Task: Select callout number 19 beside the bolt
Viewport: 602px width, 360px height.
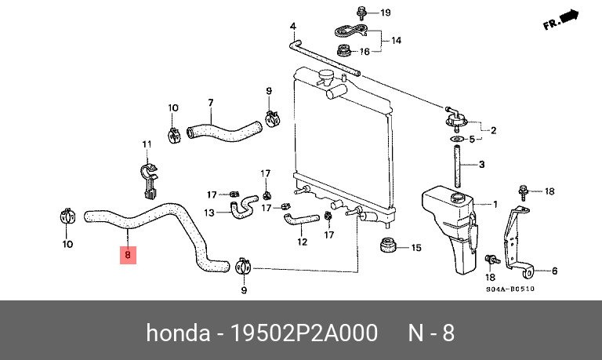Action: [384, 13]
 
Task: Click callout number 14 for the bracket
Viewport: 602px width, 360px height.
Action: [396, 39]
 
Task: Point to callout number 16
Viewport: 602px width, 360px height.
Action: [364, 52]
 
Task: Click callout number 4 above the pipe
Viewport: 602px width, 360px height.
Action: [293, 27]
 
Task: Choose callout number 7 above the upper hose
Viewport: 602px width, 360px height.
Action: [210, 103]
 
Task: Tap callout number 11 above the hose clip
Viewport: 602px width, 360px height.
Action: [146, 144]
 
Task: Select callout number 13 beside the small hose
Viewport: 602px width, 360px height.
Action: [209, 213]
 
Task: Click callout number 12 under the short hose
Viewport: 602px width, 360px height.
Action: [302, 242]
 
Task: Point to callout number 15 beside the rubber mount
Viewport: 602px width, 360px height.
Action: [416, 248]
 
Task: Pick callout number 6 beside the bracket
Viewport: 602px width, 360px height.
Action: [554, 271]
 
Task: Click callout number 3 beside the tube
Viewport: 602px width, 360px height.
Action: [482, 164]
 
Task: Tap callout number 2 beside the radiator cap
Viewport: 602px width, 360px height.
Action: [493, 130]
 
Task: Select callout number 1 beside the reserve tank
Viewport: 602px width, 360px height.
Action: [494, 204]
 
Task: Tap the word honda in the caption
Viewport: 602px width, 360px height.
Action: [179, 333]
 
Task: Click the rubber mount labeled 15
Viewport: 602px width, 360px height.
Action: [386, 245]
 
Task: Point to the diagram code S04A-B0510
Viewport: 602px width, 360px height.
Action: [510, 288]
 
